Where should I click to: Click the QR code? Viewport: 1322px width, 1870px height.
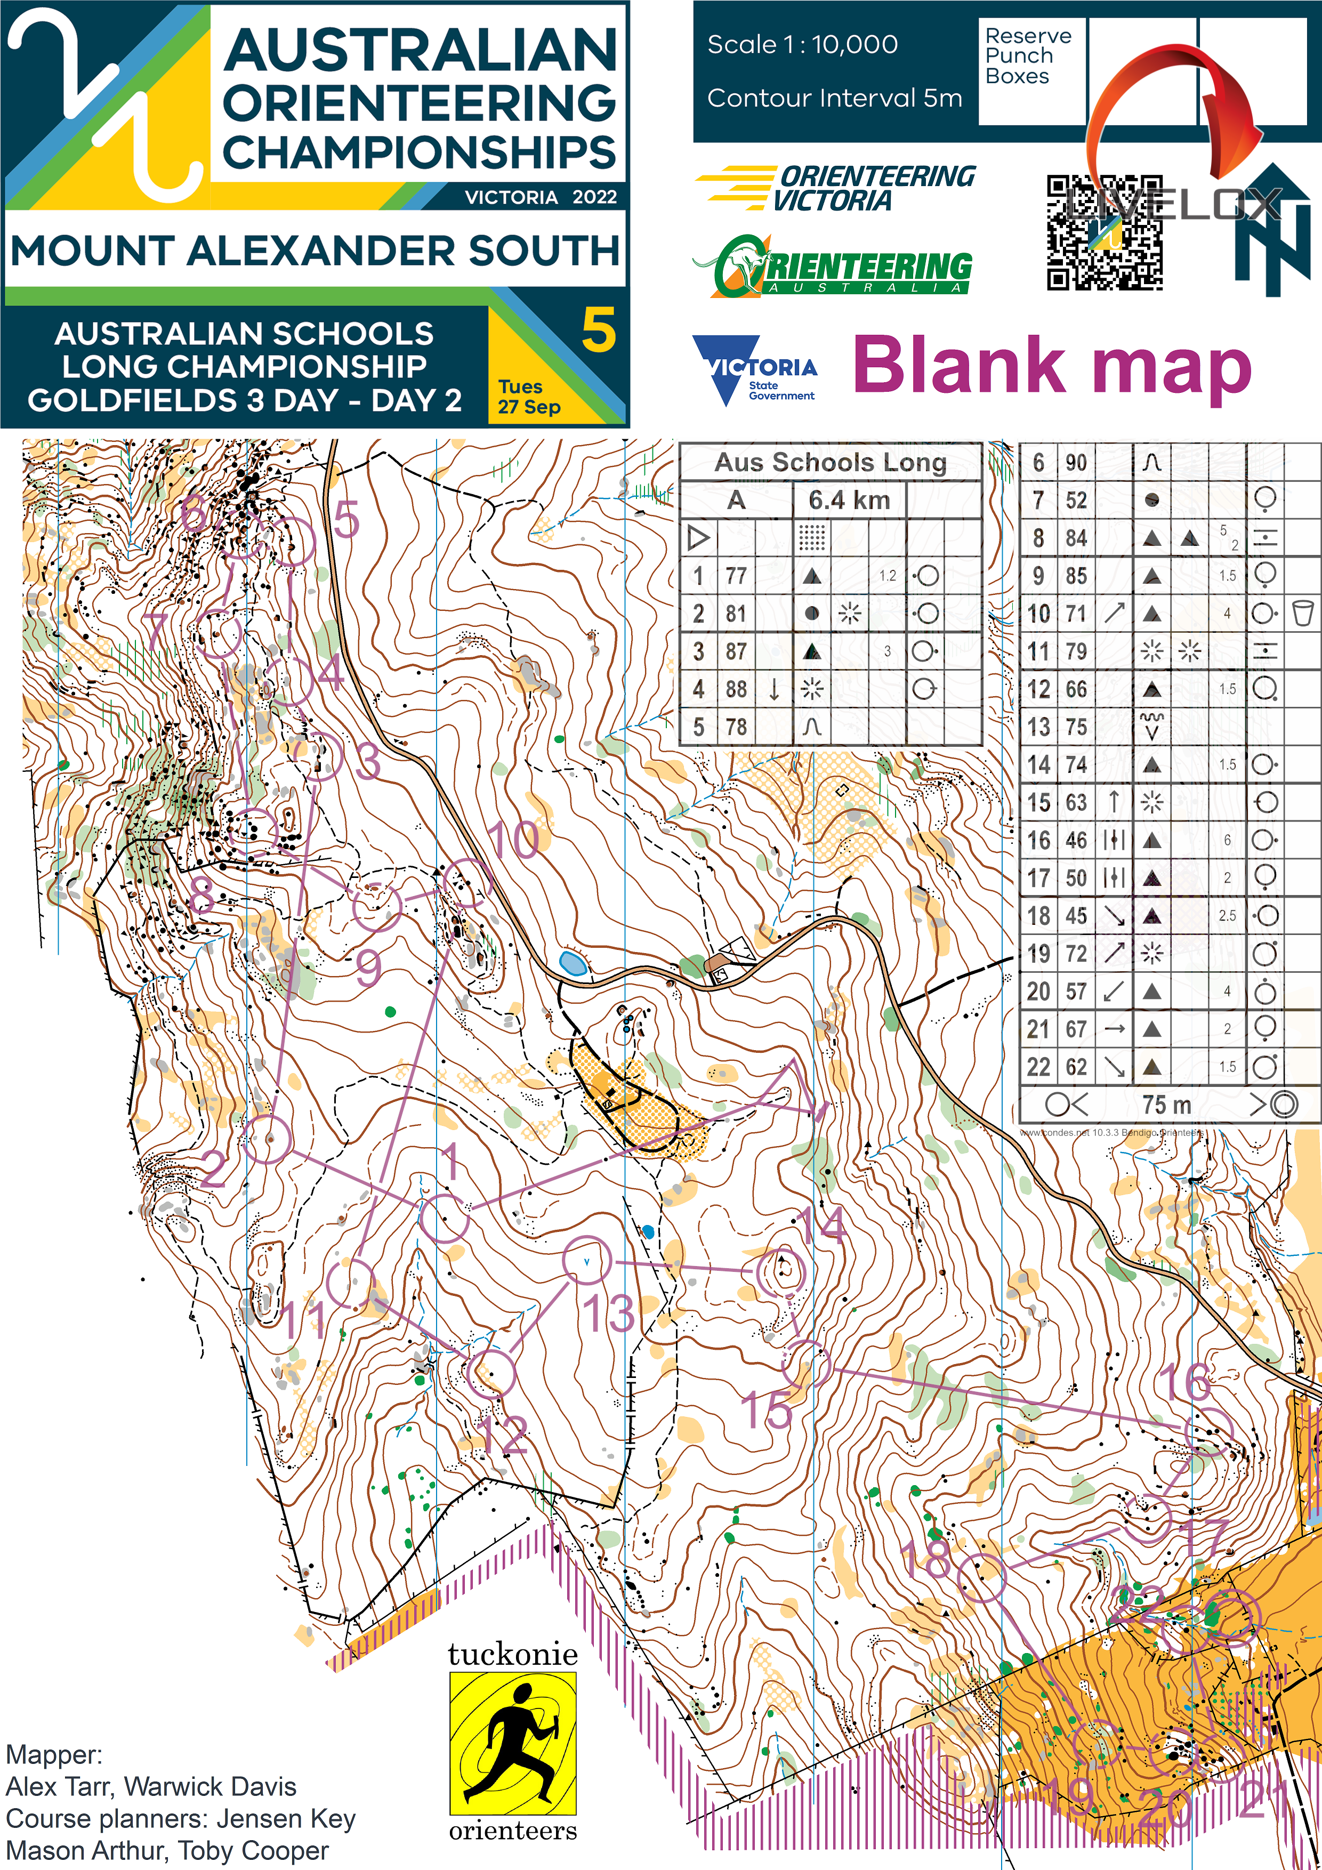pyautogui.click(x=1105, y=233)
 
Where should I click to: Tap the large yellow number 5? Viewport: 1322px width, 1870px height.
pyautogui.click(x=598, y=331)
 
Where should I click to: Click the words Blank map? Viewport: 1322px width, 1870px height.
pyautogui.click(x=1052, y=367)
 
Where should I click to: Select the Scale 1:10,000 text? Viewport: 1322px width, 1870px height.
pyautogui.click(x=802, y=45)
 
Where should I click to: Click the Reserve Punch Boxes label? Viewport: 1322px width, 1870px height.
pyautogui.click(x=1027, y=56)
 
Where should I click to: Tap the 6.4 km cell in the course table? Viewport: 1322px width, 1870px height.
pyautogui.click(x=849, y=500)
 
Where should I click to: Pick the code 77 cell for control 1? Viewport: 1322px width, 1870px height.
pyautogui.click(x=736, y=576)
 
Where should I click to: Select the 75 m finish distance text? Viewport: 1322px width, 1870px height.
pyautogui.click(x=1166, y=1105)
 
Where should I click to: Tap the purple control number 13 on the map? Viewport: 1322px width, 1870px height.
pyautogui.click(x=608, y=1313)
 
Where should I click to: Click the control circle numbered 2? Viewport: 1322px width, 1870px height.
pyautogui.click(x=267, y=1139)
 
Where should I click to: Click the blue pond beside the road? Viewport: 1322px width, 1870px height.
pyautogui.click(x=573, y=963)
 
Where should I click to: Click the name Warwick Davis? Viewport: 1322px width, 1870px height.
pyautogui.click(x=210, y=1786)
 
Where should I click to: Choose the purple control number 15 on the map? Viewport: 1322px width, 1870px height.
pyautogui.click(x=765, y=1410)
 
